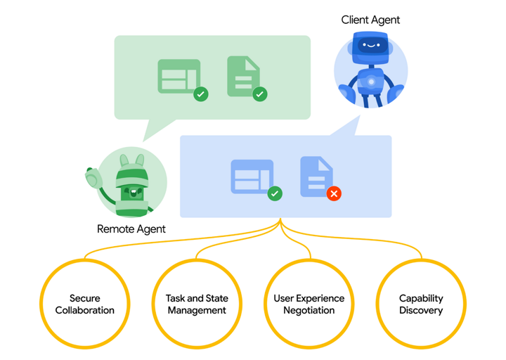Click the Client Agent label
pyautogui.click(x=370, y=20)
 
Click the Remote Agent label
pyautogui.click(x=131, y=229)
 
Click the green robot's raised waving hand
pyautogui.click(x=93, y=179)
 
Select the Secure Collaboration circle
pyautogui.click(x=84, y=304)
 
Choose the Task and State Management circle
pyautogui.click(x=197, y=304)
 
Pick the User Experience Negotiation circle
pyautogui.click(x=309, y=304)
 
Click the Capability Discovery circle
pyautogui.click(x=421, y=304)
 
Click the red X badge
pyautogui.click(x=334, y=193)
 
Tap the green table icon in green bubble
pyautogui.click(x=179, y=77)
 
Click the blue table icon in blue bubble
pyautogui.click(x=252, y=176)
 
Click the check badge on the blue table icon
pyautogui.click(x=275, y=193)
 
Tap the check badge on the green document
pyautogui.click(x=259, y=94)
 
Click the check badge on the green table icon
pyautogui.click(x=201, y=94)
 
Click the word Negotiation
pyautogui.click(x=309, y=310)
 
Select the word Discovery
pyautogui.click(x=421, y=310)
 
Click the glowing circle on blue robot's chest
pyautogui.click(x=370, y=82)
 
